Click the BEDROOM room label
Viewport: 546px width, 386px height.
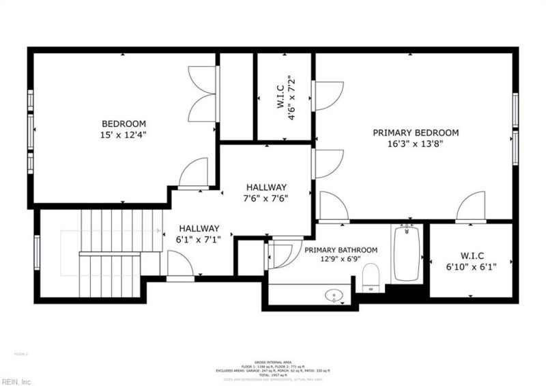(124, 124)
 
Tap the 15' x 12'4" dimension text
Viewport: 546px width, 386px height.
(124, 135)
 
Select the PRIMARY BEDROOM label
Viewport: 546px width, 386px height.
(415, 133)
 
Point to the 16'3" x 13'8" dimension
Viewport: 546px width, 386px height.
(415, 145)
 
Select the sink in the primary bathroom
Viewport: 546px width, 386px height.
(334, 295)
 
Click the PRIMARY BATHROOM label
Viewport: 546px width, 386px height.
(341, 250)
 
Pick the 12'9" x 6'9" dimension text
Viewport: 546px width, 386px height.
(341, 260)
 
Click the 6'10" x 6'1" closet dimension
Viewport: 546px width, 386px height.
(471, 266)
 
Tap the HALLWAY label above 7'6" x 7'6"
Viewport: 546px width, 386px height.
(266, 187)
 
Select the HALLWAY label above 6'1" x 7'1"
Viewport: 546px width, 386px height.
(199, 228)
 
